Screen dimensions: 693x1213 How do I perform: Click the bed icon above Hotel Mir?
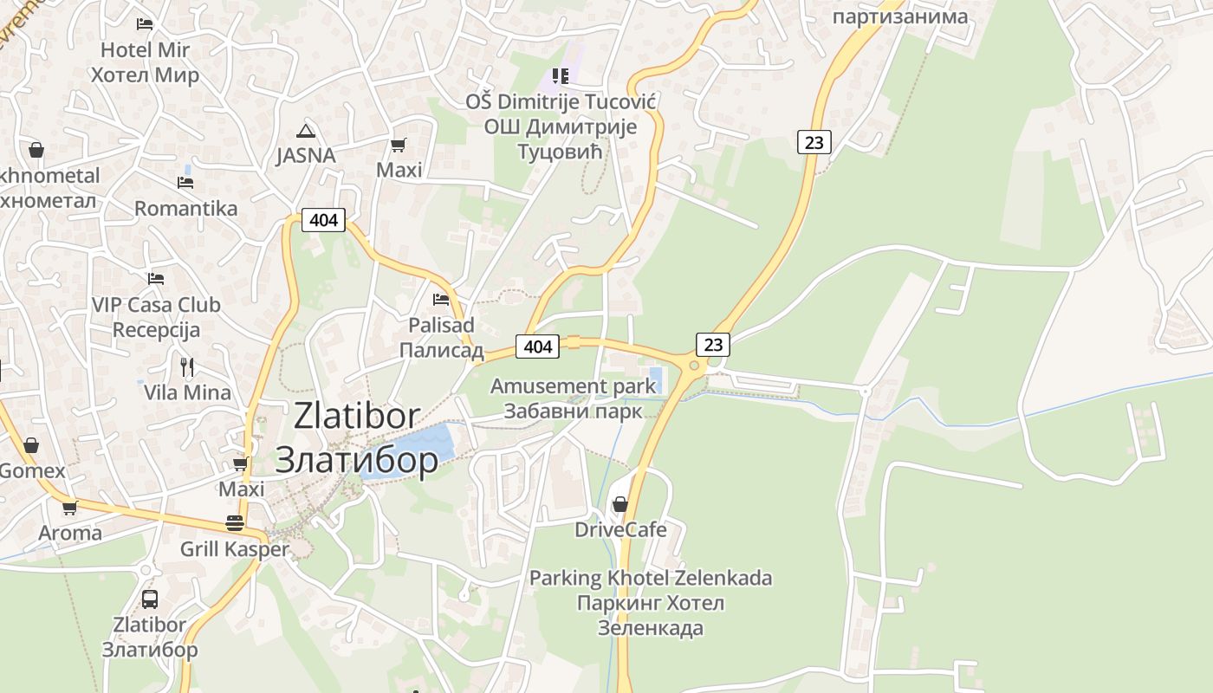[145, 24]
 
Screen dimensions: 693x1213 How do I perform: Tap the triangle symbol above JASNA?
[305, 131]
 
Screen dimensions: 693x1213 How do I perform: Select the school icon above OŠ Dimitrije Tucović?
[561, 76]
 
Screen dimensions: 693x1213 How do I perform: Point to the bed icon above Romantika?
[185, 183]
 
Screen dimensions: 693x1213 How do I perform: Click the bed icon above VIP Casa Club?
[156, 279]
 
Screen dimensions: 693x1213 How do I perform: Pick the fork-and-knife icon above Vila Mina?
[187, 366]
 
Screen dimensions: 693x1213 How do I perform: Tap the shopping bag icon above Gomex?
[31, 445]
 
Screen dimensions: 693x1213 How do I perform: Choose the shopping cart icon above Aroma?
[69, 508]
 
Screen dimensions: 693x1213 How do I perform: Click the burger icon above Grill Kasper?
[234, 523]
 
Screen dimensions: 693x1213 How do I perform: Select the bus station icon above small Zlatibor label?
[150, 599]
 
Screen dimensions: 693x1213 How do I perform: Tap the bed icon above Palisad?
[441, 300]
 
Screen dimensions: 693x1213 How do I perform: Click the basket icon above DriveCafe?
[620, 503]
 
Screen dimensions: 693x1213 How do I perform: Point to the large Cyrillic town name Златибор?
[356, 460]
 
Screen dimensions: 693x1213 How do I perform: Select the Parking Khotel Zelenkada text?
[650, 578]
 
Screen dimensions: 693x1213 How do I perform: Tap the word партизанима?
[899, 16]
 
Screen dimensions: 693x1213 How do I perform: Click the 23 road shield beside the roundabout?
[713, 345]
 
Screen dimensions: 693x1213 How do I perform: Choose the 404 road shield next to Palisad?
[537, 346]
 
